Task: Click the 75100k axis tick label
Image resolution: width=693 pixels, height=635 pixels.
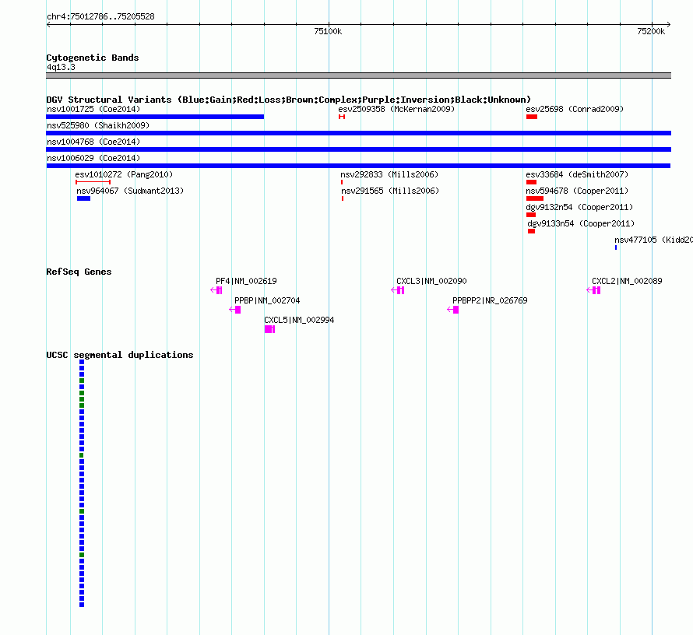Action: pyautogui.click(x=328, y=31)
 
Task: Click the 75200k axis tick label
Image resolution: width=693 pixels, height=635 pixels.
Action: pyautogui.click(x=651, y=31)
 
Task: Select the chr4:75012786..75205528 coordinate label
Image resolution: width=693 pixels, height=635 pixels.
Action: pyautogui.click(x=100, y=17)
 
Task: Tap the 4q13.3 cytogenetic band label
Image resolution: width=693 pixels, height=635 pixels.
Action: pyautogui.click(x=61, y=67)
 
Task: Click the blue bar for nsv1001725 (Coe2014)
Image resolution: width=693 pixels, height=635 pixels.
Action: pyautogui.click(x=155, y=117)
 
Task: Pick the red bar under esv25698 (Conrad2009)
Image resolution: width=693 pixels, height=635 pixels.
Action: pyautogui.click(x=532, y=117)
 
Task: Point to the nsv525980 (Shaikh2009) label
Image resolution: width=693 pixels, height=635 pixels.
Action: pyautogui.click(x=98, y=125)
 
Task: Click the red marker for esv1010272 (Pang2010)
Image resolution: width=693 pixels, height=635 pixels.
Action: pyautogui.click(x=93, y=182)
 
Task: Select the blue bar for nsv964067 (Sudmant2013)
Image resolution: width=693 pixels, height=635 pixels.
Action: pyautogui.click(x=83, y=198)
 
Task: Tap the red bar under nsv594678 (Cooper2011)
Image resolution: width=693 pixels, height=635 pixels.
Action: pyautogui.click(x=535, y=198)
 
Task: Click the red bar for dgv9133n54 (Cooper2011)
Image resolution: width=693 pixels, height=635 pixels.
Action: pyautogui.click(x=531, y=231)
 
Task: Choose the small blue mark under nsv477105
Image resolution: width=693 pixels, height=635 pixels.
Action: pyautogui.click(x=616, y=247)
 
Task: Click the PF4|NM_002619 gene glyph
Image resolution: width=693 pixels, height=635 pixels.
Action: pyautogui.click(x=216, y=290)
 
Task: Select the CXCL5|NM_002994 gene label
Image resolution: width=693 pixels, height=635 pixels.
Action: pyautogui.click(x=299, y=320)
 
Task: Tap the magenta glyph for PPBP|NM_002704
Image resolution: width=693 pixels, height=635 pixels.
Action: pyautogui.click(x=234, y=310)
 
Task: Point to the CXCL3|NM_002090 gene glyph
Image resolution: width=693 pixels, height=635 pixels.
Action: pyautogui.click(x=398, y=290)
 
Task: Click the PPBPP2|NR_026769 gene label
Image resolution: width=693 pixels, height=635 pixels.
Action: pyautogui.click(x=490, y=300)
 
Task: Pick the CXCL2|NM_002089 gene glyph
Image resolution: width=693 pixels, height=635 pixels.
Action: pyautogui.click(x=593, y=290)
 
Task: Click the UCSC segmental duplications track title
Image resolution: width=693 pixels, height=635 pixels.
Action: pyautogui.click(x=120, y=355)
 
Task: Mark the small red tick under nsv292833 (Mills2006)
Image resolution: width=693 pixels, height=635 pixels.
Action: pyautogui.click(x=342, y=182)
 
